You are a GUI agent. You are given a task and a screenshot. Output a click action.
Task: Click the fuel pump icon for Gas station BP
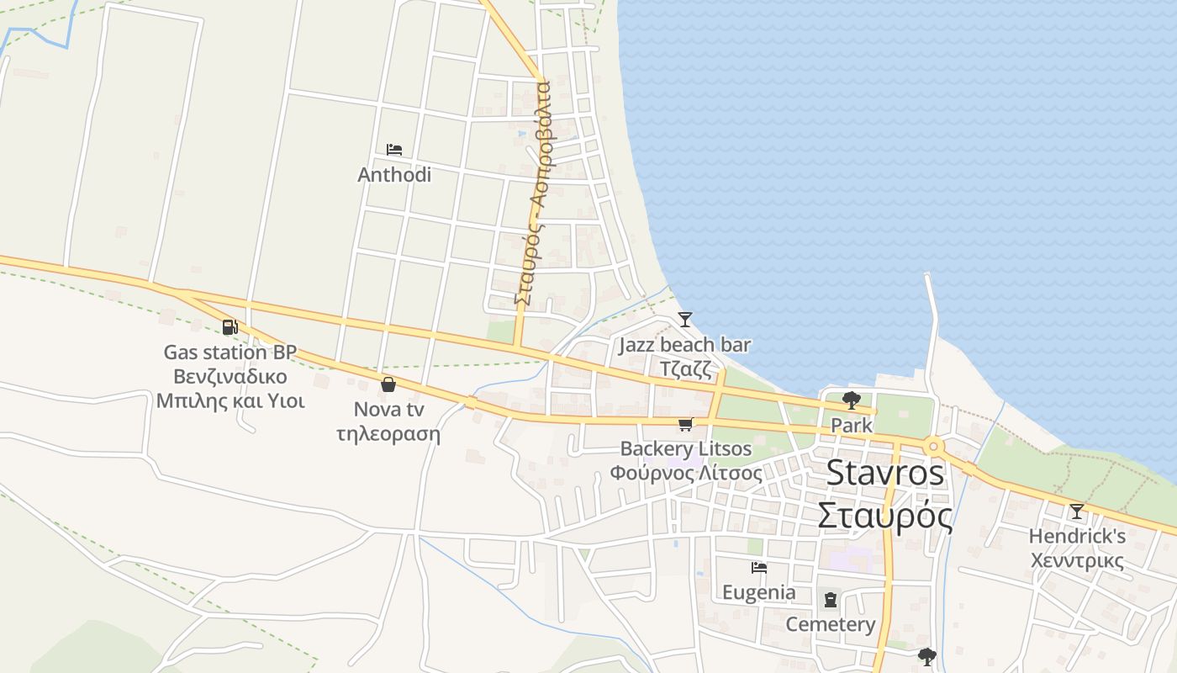tap(230, 327)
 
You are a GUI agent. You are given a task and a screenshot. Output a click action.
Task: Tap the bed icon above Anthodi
tap(393, 150)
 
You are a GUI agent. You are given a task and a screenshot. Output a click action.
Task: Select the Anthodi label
tap(394, 175)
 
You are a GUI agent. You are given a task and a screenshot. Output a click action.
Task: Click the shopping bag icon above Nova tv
tap(388, 385)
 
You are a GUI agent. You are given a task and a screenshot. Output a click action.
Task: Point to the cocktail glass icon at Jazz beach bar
tap(685, 320)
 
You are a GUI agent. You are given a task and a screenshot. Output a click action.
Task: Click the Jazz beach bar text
tap(685, 345)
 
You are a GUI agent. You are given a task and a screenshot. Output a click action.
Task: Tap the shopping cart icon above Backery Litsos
tap(685, 425)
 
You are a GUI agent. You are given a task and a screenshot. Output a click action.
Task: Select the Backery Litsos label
tap(686, 448)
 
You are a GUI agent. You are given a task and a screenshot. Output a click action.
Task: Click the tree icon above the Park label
tap(851, 400)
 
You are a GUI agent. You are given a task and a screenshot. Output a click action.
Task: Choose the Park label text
tap(852, 425)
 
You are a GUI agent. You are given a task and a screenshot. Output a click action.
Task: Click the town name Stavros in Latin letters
tap(885, 473)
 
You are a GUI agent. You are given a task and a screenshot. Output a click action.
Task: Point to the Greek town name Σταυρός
tap(885, 515)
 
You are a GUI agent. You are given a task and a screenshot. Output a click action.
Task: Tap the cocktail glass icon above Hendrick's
tap(1076, 511)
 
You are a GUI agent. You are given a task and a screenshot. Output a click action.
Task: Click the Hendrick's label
tap(1077, 536)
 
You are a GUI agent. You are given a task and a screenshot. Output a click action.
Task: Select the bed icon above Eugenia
tap(759, 568)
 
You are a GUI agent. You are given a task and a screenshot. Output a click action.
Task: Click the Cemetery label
tap(831, 624)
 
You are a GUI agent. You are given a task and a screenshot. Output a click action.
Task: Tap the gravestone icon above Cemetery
tap(831, 600)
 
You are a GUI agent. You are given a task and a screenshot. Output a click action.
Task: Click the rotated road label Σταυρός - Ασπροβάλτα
tap(531, 193)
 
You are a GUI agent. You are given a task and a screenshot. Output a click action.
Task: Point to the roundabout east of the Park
tap(933, 446)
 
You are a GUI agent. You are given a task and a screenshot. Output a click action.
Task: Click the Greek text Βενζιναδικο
tap(230, 376)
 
